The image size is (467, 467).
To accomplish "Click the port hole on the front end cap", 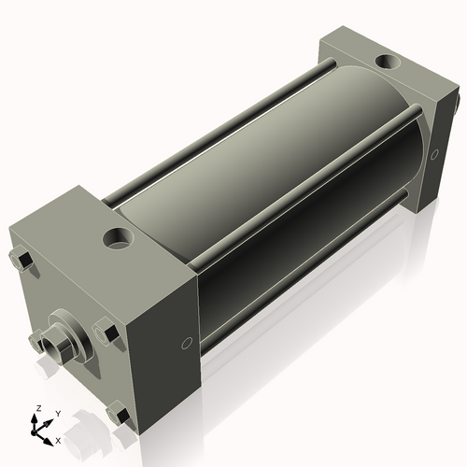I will click(120, 237).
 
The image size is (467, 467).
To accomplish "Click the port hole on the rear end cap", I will click(385, 64).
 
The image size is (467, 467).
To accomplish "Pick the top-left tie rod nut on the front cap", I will click(21, 257).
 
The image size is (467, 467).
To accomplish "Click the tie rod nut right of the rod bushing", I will click(105, 331).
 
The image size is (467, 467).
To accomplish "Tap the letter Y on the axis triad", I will click(57, 414).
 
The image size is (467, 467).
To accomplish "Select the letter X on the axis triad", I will click(58, 440).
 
